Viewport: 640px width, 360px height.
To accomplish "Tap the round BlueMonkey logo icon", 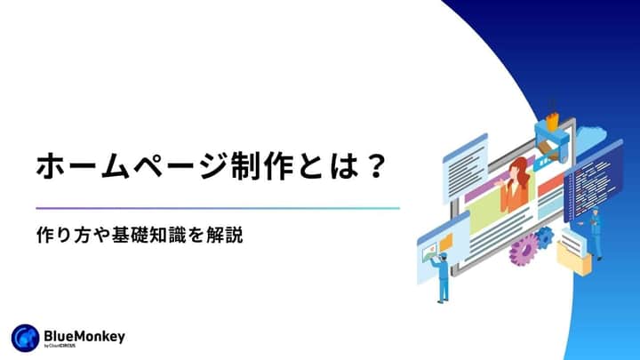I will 23,337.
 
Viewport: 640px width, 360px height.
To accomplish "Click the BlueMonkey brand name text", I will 84,334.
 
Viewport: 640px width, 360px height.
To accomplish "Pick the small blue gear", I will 543,236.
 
